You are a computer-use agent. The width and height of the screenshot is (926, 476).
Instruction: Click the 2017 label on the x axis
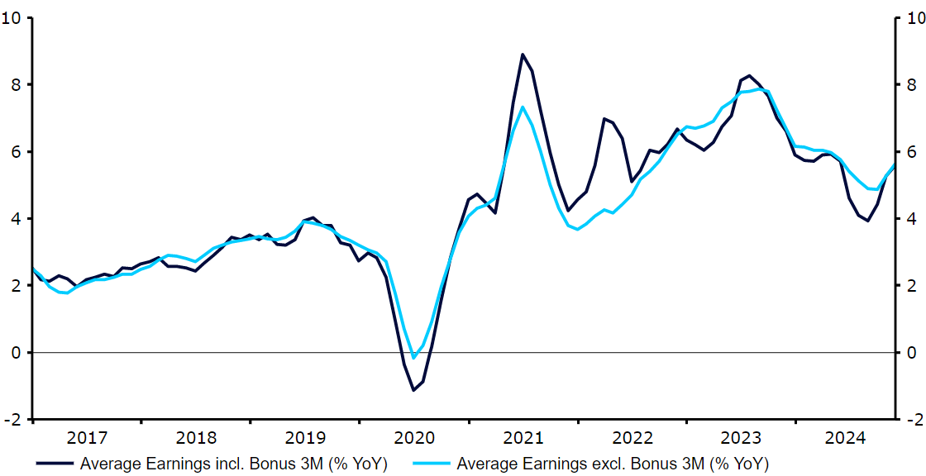pyautogui.click(x=87, y=436)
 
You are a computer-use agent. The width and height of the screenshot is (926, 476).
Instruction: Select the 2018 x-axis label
pyautogui.click(x=196, y=436)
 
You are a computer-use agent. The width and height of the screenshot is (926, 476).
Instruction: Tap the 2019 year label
pyautogui.click(x=305, y=436)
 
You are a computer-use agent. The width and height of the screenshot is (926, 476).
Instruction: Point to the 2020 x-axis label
pyautogui.click(x=414, y=436)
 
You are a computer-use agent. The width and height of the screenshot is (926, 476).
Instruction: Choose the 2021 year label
pyautogui.click(x=523, y=436)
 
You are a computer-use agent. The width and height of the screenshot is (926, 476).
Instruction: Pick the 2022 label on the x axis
pyautogui.click(x=632, y=436)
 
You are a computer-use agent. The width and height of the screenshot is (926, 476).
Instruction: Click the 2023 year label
pyautogui.click(x=742, y=436)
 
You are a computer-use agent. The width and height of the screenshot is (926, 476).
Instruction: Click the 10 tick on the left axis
pyautogui.click(x=14, y=18)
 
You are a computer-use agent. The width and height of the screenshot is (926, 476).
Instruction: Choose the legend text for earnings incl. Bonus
pyautogui.click(x=234, y=463)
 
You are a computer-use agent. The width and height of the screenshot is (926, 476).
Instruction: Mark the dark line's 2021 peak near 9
pyautogui.click(x=523, y=55)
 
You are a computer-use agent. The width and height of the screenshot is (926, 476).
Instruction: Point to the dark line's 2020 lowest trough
pyautogui.click(x=413, y=390)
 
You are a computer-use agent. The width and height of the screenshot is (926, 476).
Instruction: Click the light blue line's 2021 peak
pyautogui.click(x=523, y=107)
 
